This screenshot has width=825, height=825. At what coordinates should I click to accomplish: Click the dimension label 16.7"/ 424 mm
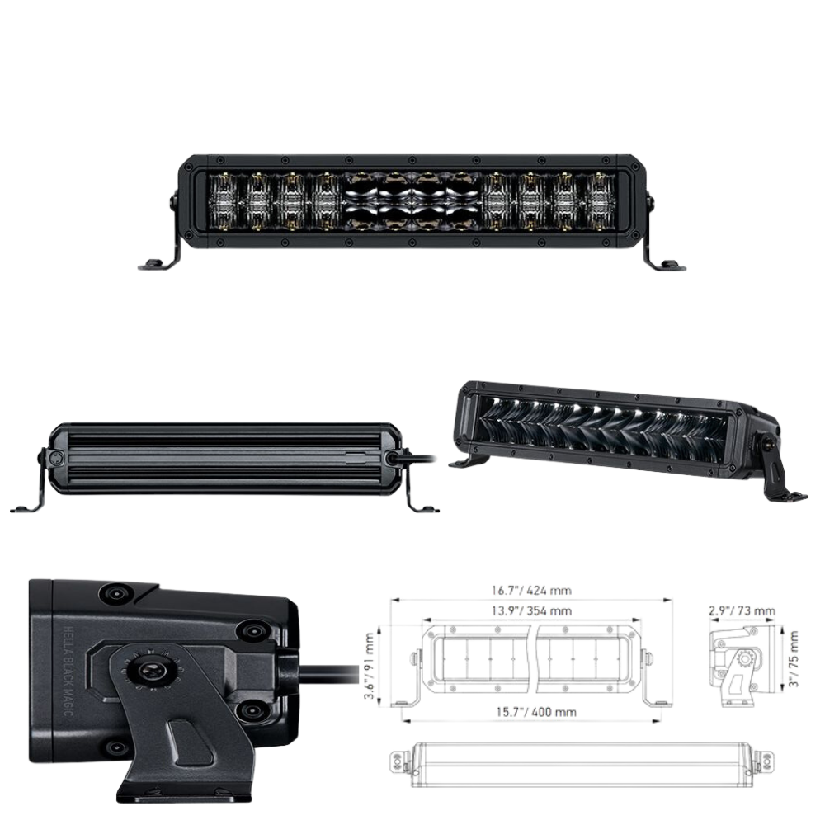531,591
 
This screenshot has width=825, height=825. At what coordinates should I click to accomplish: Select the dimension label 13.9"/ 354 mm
531,610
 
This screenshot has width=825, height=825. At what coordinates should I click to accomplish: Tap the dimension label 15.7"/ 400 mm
536,712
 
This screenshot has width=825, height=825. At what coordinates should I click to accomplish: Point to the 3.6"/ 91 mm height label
370,666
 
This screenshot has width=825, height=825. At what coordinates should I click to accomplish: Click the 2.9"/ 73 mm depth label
742,610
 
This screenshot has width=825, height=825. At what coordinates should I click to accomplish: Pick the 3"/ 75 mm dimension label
794,658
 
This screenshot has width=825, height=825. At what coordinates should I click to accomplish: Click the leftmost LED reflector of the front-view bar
224,203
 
